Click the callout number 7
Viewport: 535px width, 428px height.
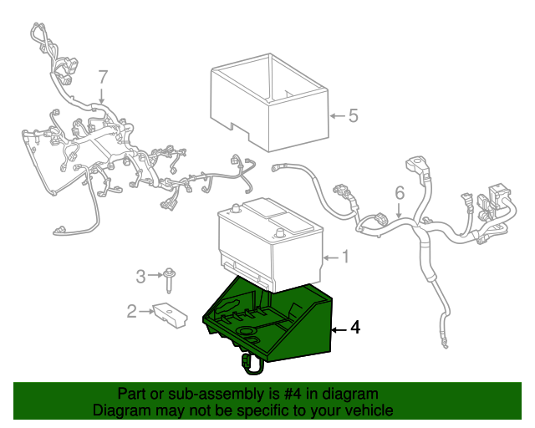click(103, 77)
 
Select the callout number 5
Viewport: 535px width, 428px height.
click(354, 115)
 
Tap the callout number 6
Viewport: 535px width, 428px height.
click(400, 193)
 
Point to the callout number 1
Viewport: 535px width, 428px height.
click(345, 257)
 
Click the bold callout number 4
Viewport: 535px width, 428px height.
click(355, 327)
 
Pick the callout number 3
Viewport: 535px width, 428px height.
click(140, 276)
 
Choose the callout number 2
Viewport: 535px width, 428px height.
click(132, 311)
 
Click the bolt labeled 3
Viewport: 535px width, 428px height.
click(168, 281)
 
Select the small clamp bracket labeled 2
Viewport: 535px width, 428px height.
click(170, 314)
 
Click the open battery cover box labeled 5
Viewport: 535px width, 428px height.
click(269, 102)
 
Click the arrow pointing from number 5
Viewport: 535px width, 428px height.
click(338, 116)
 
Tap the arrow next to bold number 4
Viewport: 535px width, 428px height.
click(339, 329)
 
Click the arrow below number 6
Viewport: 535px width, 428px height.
click(399, 211)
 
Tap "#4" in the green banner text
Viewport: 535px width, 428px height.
click(293, 394)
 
